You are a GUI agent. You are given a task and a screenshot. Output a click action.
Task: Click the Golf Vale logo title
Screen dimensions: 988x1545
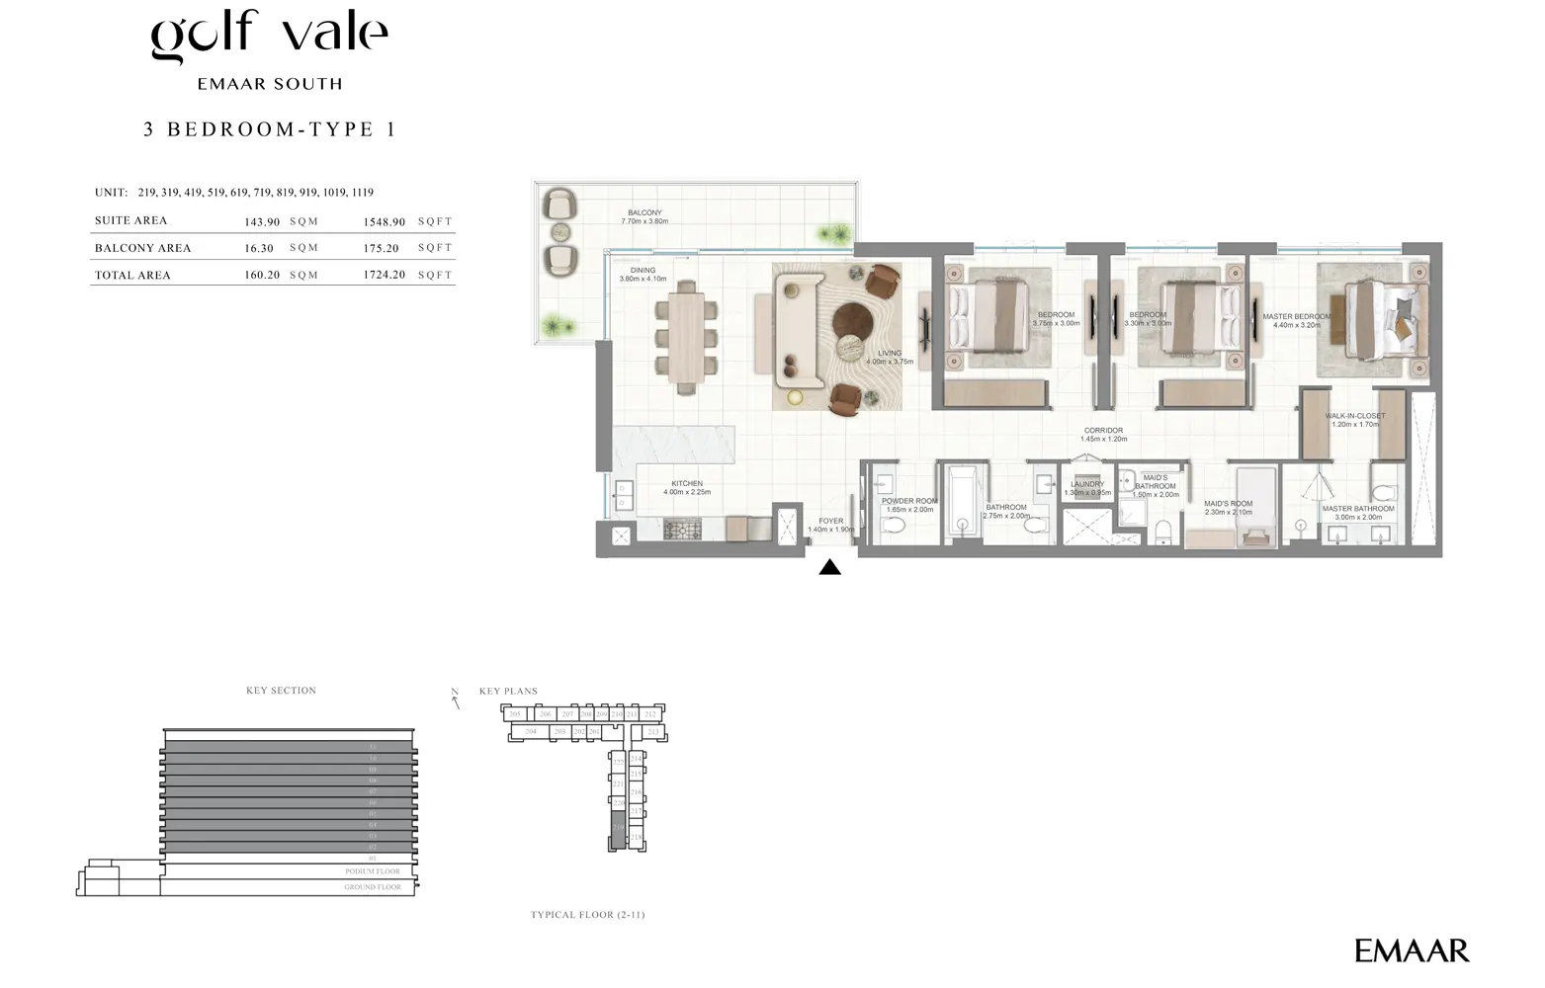coord(269,36)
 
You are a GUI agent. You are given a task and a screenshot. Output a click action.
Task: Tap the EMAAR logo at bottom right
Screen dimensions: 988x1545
coord(1411,951)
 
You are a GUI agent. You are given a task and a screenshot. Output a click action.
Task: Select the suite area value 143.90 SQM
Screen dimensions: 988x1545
coord(262,221)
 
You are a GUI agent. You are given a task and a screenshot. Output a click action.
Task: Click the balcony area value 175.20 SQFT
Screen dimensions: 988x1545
coord(382,248)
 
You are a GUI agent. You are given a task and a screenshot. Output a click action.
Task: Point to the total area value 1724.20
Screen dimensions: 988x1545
coord(384,275)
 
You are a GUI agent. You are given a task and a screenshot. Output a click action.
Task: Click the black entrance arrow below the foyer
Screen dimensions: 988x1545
coord(830,567)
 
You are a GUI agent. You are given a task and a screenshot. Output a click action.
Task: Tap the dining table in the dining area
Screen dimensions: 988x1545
coord(685,337)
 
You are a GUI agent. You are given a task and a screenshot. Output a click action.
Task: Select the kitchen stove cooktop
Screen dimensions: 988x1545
coord(681,531)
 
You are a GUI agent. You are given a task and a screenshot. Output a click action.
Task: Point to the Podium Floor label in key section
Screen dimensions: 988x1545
coord(373,871)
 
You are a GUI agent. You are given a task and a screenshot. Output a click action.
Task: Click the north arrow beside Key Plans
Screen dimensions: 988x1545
coord(456,699)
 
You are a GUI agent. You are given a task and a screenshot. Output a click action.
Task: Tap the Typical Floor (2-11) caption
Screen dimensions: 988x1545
coord(587,915)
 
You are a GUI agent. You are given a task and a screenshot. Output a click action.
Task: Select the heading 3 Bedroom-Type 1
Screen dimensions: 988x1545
coord(269,129)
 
